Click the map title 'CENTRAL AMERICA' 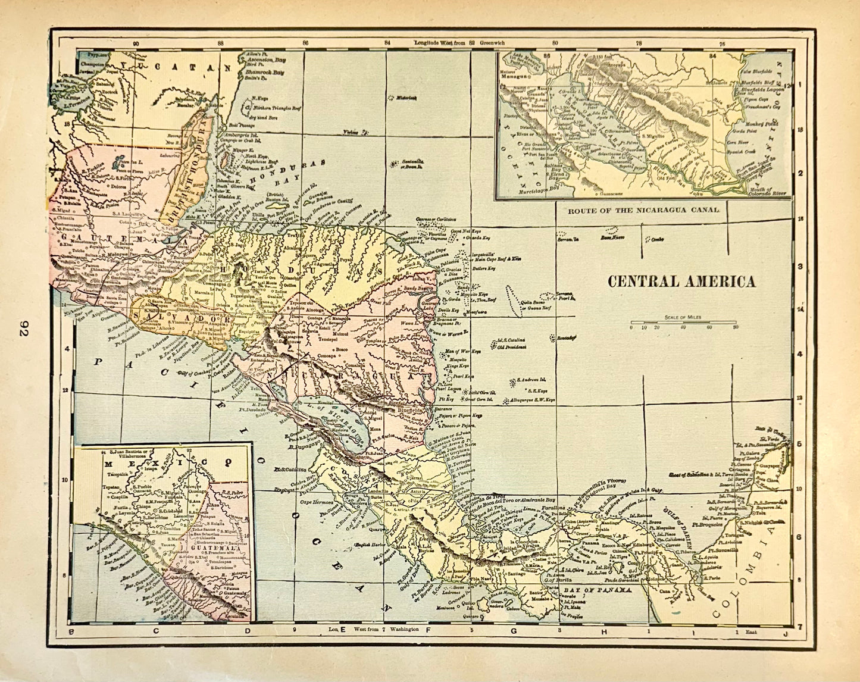(x=681, y=281)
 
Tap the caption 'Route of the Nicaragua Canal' (x=643, y=210)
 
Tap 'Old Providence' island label (x=509, y=346)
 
